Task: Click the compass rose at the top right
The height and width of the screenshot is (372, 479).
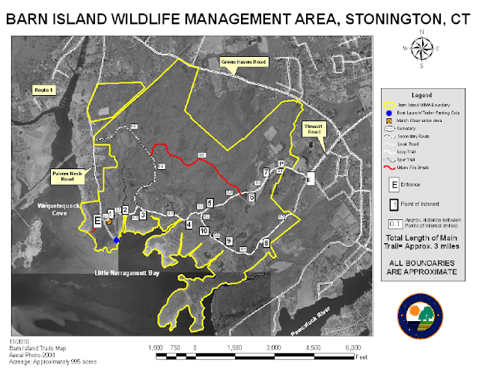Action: coord(422,49)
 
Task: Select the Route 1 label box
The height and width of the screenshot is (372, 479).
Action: coord(46,90)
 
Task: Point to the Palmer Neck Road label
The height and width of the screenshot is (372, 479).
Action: coord(68,177)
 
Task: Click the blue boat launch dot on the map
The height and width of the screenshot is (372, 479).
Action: coord(118,240)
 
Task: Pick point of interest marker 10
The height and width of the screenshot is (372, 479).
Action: coord(204,232)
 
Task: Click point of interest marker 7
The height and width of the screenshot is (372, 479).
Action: coord(266,173)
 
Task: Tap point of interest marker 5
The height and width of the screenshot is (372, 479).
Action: coord(210,203)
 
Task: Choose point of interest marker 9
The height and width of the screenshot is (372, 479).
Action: coord(229,240)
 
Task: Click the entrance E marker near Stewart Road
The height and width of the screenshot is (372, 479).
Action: coord(310,177)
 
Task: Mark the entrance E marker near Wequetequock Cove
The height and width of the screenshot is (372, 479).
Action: coord(97,221)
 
